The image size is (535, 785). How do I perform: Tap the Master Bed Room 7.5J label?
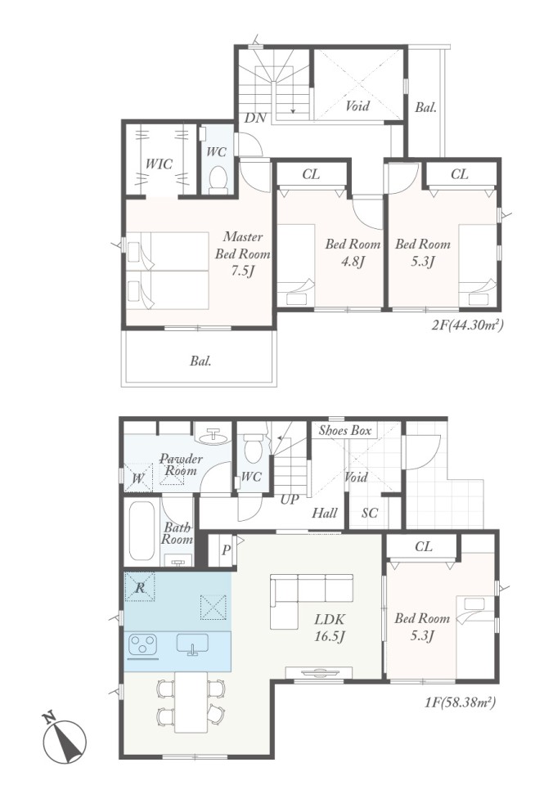click(243, 253)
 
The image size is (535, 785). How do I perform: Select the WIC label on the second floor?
click(159, 164)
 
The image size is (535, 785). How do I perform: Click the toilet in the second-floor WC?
click(218, 180)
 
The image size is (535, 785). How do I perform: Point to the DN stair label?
click(255, 118)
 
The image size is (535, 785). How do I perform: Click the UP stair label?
click(290, 499)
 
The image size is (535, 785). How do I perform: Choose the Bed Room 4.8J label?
click(353, 253)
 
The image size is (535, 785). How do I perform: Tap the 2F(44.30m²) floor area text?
click(467, 325)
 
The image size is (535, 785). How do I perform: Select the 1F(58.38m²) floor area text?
click(460, 702)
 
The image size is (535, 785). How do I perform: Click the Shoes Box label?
click(345, 431)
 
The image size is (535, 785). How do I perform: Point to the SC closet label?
click(369, 513)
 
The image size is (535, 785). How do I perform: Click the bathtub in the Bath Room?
click(142, 531)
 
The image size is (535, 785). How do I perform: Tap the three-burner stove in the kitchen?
click(143, 644)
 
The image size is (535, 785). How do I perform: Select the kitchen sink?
click(192, 644)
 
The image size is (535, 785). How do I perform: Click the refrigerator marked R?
click(140, 587)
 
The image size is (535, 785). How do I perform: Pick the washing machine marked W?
click(138, 478)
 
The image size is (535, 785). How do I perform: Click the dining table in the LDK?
click(191, 702)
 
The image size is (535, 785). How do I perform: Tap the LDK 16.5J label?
click(329, 628)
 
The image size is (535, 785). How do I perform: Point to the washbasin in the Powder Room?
click(214, 437)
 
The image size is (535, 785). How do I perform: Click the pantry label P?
click(226, 550)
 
